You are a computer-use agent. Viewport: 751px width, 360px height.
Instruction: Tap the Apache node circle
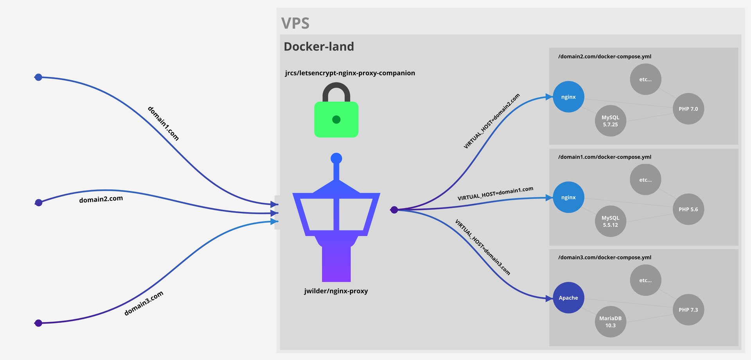point(568,298)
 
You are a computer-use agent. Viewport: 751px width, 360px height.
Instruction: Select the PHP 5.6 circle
point(688,209)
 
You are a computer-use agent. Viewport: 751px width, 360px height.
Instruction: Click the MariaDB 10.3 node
point(610,322)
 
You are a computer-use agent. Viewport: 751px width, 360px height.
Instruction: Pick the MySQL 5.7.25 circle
point(610,121)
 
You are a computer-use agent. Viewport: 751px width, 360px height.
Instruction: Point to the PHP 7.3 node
point(688,310)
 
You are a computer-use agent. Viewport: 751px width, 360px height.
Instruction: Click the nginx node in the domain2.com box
point(568,97)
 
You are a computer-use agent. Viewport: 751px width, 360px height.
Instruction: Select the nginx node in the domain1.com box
point(568,197)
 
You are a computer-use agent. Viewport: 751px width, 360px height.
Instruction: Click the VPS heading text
point(295,23)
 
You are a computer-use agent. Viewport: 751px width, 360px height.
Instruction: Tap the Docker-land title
point(319,47)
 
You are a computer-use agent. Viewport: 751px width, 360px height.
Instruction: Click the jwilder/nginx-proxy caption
point(336,291)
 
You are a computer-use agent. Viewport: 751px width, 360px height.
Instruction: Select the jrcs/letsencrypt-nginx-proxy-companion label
point(350,73)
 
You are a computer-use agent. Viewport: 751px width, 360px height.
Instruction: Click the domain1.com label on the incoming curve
point(163,123)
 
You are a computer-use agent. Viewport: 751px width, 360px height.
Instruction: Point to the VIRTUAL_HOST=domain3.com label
point(482,247)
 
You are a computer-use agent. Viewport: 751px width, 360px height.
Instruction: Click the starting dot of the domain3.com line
point(38,323)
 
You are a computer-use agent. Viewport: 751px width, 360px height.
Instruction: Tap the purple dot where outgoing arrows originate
point(394,210)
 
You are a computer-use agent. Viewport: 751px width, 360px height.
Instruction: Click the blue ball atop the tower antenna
point(336,158)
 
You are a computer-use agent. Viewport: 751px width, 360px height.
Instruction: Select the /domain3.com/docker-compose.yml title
point(605,257)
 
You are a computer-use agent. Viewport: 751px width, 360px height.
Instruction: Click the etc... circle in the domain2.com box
point(645,79)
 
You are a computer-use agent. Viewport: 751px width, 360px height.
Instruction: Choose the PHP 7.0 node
point(688,109)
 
